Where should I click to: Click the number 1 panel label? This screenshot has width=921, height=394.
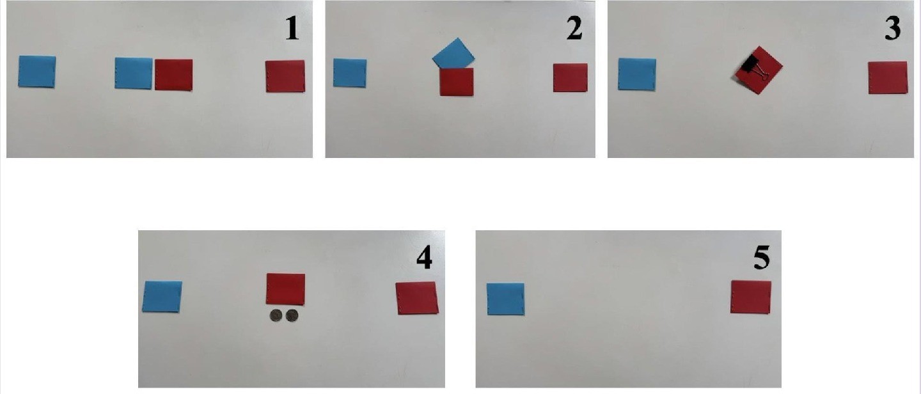click(x=292, y=29)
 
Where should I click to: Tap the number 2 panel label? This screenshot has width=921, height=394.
click(x=574, y=29)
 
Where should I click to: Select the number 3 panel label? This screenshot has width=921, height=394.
click(x=892, y=29)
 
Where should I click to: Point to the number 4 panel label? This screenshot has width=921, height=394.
click(x=424, y=258)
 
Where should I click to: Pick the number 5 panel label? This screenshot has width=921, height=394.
click(x=762, y=258)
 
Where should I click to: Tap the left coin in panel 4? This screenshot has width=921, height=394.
click(x=276, y=316)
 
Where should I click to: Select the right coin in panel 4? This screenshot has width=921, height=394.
click(x=292, y=316)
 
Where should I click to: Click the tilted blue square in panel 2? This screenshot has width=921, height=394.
click(x=453, y=54)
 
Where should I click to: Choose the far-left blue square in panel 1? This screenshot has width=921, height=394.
click(x=37, y=72)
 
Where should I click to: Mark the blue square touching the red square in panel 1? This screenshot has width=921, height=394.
click(x=134, y=73)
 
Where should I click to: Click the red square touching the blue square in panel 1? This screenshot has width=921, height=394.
click(x=173, y=74)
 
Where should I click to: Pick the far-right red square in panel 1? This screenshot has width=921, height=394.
click(x=285, y=76)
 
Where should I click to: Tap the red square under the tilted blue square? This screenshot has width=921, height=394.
click(x=457, y=82)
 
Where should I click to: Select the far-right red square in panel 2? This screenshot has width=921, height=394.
click(x=571, y=77)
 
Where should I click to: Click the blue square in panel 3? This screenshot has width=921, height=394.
click(x=637, y=74)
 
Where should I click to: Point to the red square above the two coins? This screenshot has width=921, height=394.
click(x=285, y=289)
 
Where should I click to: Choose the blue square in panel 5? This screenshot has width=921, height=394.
click(x=506, y=299)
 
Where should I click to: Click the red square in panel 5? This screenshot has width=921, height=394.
click(x=751, y=297)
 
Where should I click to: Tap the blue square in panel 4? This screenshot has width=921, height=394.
click(x=162, y=297)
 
